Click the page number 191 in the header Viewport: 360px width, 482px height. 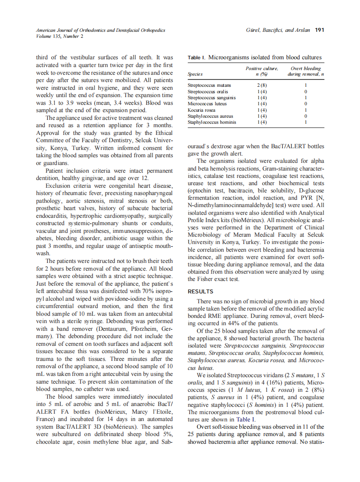(319, 31)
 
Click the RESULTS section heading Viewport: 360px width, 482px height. (201, 291)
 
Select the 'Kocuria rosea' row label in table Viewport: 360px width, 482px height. (202, 110)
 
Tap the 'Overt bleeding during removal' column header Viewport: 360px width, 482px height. (305, 71)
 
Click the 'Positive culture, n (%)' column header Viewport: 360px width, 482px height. (262, 71)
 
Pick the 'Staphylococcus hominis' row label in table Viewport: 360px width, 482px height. (211, 122)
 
